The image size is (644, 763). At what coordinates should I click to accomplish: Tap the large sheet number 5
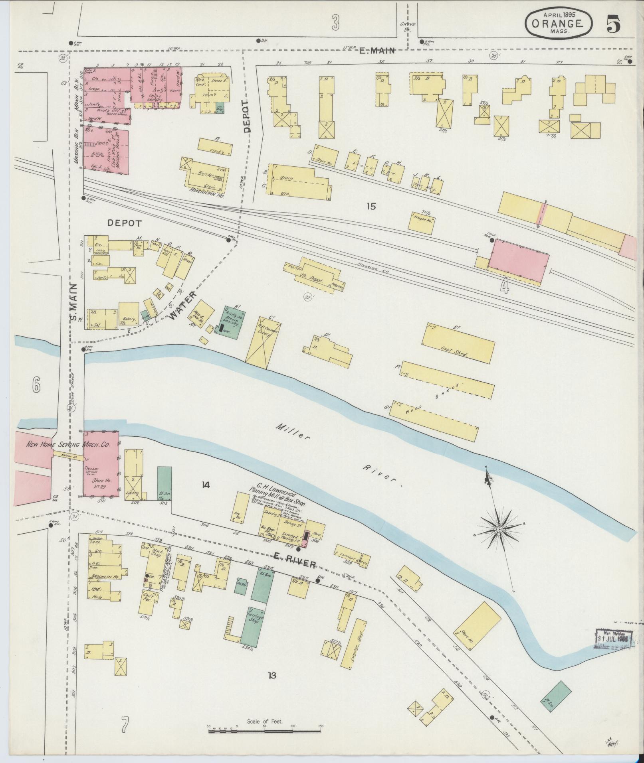click(x=614, y=25)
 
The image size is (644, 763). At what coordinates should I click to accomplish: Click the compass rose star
click(x=499, y=529)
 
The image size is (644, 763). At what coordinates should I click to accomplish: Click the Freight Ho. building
click(x=422, y=220)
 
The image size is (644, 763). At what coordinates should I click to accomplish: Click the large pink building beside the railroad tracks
click(x=518, y=261)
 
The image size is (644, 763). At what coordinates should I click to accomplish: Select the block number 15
click(x=371, y=206)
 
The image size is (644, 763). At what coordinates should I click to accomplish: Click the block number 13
click(x=272, y=675)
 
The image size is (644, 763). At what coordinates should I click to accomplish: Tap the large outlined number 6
click(x=36, y=385)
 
